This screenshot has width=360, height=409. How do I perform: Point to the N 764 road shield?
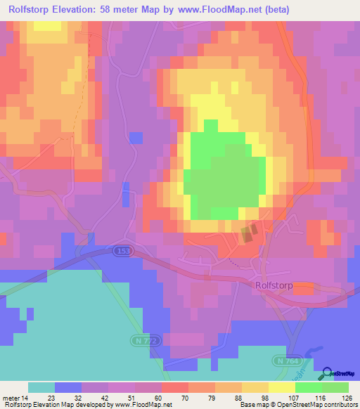(x=283, y=360)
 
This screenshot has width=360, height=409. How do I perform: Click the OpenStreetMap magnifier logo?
(x=327, y=372)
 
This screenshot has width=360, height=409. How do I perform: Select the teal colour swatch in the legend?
(x=41, y=387)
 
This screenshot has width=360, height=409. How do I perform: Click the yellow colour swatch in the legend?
(x=281, y=387)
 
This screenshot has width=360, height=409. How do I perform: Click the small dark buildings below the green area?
(x=247, y=233)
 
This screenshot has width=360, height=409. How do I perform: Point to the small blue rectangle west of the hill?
(x=126, y=193)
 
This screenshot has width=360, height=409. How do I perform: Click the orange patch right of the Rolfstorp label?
(x=304, y=287)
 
